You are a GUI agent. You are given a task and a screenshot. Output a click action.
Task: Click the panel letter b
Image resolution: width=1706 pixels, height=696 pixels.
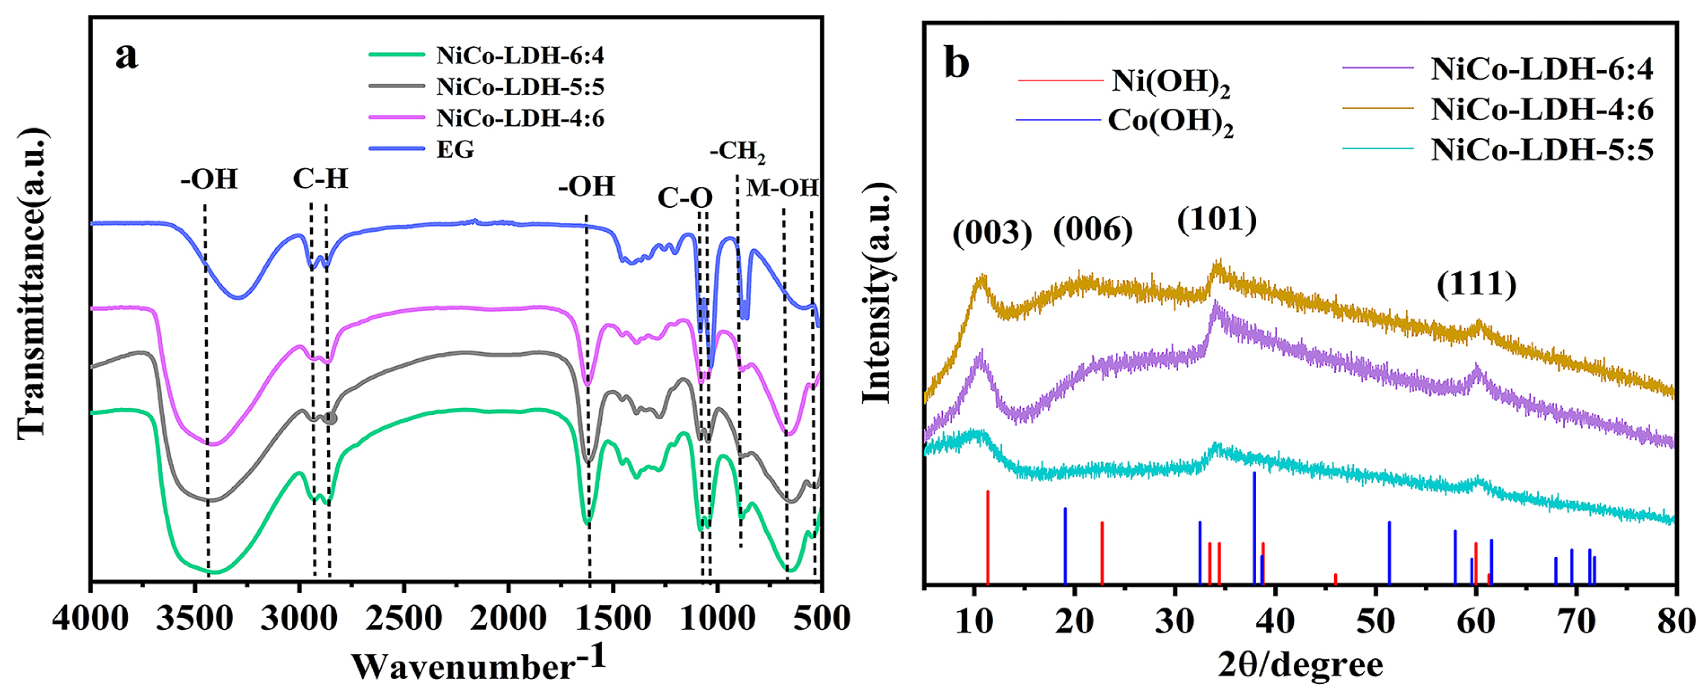point(957,64)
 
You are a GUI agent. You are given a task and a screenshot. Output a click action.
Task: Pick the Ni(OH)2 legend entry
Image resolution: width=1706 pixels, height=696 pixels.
point(1170,81)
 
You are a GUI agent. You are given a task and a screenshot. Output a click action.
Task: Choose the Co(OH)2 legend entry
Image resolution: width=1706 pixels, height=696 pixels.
point(1170,122)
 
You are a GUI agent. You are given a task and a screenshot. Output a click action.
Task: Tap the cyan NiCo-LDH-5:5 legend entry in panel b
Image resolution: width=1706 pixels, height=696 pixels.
point(1541,150)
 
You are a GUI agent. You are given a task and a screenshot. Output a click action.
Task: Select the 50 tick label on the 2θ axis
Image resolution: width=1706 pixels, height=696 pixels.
point(1376,621)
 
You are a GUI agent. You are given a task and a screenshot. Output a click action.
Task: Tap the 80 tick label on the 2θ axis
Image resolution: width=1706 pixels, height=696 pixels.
point(1676,621)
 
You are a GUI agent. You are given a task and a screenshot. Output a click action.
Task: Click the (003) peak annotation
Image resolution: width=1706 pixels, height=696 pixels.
point(992,233)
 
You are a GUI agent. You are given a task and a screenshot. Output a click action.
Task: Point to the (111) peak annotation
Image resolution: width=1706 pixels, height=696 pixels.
point(1476,285)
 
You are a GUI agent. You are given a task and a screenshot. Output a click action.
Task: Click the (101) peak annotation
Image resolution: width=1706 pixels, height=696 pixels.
point(1217,219)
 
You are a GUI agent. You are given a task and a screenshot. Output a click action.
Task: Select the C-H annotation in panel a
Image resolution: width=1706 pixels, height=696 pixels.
point(320,179)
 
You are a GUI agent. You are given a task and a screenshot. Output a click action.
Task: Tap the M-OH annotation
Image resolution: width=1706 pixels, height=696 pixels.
point(782,188)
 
